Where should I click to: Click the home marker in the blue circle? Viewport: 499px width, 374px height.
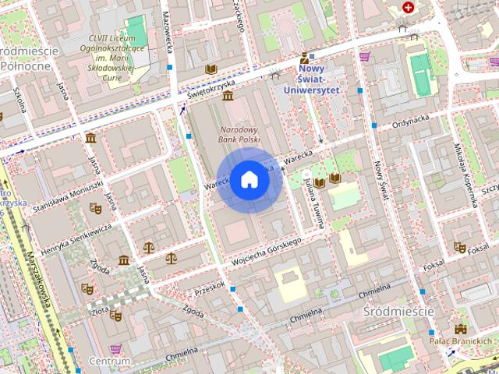click(249, 179)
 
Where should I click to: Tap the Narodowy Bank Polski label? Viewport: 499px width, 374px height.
click(239, 134)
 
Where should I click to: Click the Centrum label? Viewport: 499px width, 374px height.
click(109, 362)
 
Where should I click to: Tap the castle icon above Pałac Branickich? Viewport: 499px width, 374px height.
click(461, 329)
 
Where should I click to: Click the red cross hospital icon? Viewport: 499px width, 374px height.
click(408, 7)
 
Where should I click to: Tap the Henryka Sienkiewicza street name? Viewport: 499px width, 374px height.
click(76, 240)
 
